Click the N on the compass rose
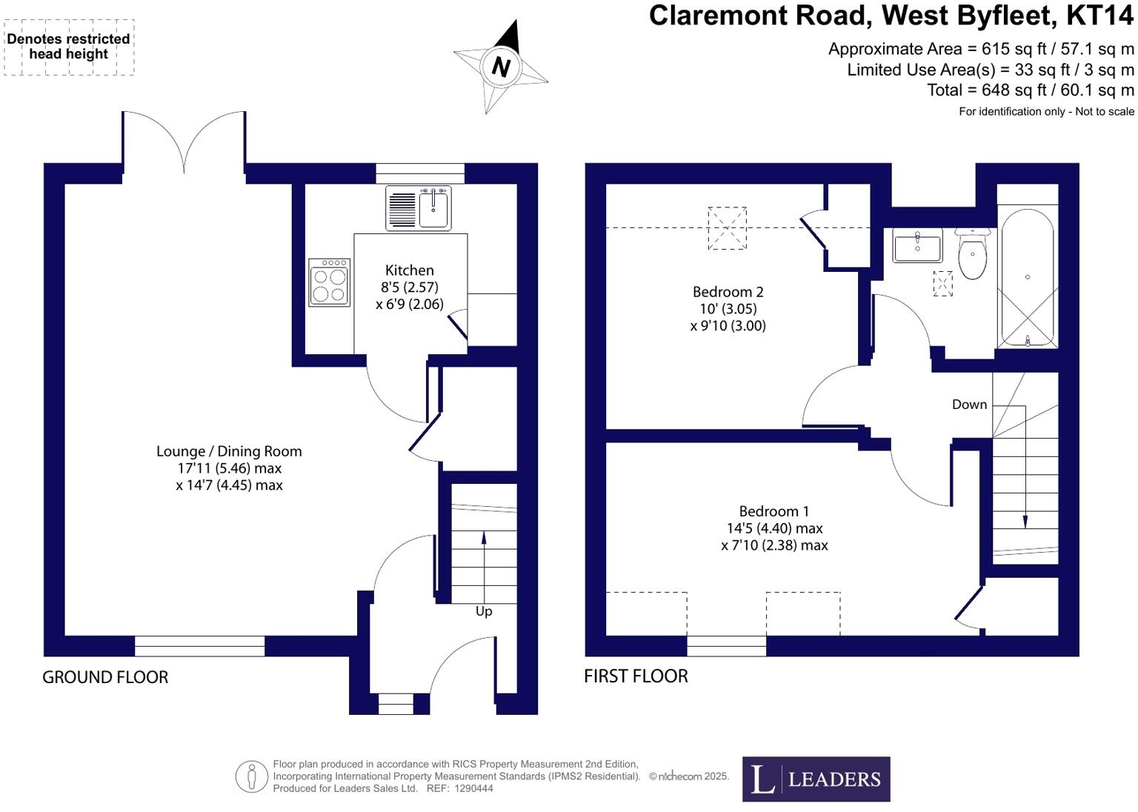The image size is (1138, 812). (501, 67)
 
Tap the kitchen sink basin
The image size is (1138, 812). (433, 209)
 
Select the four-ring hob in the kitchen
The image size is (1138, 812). (330, 283)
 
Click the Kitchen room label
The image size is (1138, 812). (410, 270)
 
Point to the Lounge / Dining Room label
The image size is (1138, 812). (229, 451)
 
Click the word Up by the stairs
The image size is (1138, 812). (484, 611)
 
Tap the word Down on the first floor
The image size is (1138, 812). (969, 405)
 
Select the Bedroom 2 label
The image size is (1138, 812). (728, 292)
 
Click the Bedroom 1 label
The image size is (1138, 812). (773, 511)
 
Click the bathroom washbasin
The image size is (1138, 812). (917, 245)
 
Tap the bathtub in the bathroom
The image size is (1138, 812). (1027, 278)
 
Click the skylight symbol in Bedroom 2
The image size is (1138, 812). (727, 228)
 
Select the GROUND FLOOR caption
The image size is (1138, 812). (105, 677)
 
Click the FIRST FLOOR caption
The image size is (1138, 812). (636, 676)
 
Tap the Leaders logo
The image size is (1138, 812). (816, 779)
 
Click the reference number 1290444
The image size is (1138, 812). (475, 789)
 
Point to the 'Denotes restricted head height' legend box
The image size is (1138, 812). (69, 47)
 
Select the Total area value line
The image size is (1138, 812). (1030, 90)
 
